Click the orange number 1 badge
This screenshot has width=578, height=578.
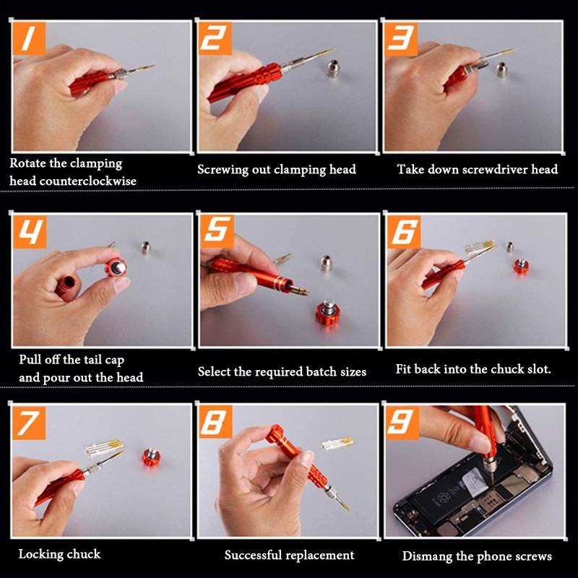tap(29, 38)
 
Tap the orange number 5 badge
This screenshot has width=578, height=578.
tap(217, 231)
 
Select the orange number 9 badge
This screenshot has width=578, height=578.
tap(402, 423)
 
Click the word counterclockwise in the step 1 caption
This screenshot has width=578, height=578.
tap(87, 181)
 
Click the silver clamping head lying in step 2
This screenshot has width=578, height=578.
tap(332, 69)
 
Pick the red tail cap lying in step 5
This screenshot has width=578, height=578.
tap(327, 314)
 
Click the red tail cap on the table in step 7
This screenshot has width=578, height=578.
tap(151, 457)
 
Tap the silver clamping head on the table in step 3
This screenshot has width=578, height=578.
tap(501, 69)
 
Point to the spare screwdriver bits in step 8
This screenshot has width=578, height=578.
tap(337, 444)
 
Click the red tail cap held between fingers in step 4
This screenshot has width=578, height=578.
tap(116, 267)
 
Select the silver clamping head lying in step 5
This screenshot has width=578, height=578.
tap(326, 263)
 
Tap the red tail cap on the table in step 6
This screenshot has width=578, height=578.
tap(521, 266)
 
